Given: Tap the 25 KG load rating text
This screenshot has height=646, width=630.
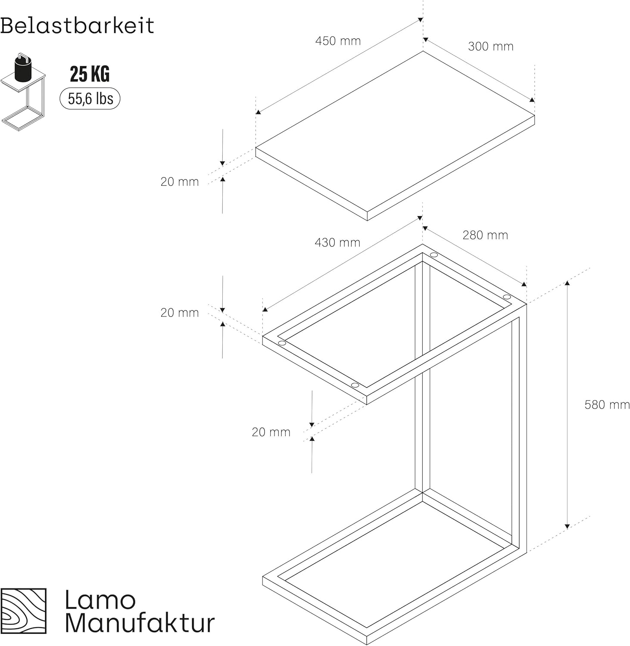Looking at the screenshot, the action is (x=90, y=74).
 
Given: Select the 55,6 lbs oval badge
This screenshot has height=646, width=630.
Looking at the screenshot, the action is (x=90, y=99).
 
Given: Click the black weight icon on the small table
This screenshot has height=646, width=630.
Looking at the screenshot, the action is (x=22, y=68).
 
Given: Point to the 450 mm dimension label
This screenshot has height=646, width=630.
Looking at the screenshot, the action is (x=338, y=41).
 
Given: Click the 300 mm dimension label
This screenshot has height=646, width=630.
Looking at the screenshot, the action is (x=491, y=47).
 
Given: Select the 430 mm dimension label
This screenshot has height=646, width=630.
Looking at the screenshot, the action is (x=337, y=242).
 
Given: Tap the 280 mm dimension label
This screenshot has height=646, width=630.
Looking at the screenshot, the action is (x=485, y=235).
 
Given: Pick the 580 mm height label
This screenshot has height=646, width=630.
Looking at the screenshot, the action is (x=607, y=405).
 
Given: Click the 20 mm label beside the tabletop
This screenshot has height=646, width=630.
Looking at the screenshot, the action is (x=180, y=182).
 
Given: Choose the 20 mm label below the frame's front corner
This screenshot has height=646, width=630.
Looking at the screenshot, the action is (x=271, y=432).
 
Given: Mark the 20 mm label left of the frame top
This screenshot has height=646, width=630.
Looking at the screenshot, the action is (x=180, y=313).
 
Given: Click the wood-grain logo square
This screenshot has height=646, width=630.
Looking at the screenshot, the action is (x=23, y=611).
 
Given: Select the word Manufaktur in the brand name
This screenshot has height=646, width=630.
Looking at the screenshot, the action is (x=140, y=623).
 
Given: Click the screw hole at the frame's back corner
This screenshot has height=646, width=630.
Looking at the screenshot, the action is (x=434, y=255).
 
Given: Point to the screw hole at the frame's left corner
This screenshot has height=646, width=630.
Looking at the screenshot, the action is (x=282, y=343).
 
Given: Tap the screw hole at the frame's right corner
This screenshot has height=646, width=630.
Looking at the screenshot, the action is (x=507, y=297).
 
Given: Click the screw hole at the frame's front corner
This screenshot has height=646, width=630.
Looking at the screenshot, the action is (x=355, y=385).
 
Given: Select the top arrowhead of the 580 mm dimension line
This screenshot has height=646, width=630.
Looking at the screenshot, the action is (x=567, y=283).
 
